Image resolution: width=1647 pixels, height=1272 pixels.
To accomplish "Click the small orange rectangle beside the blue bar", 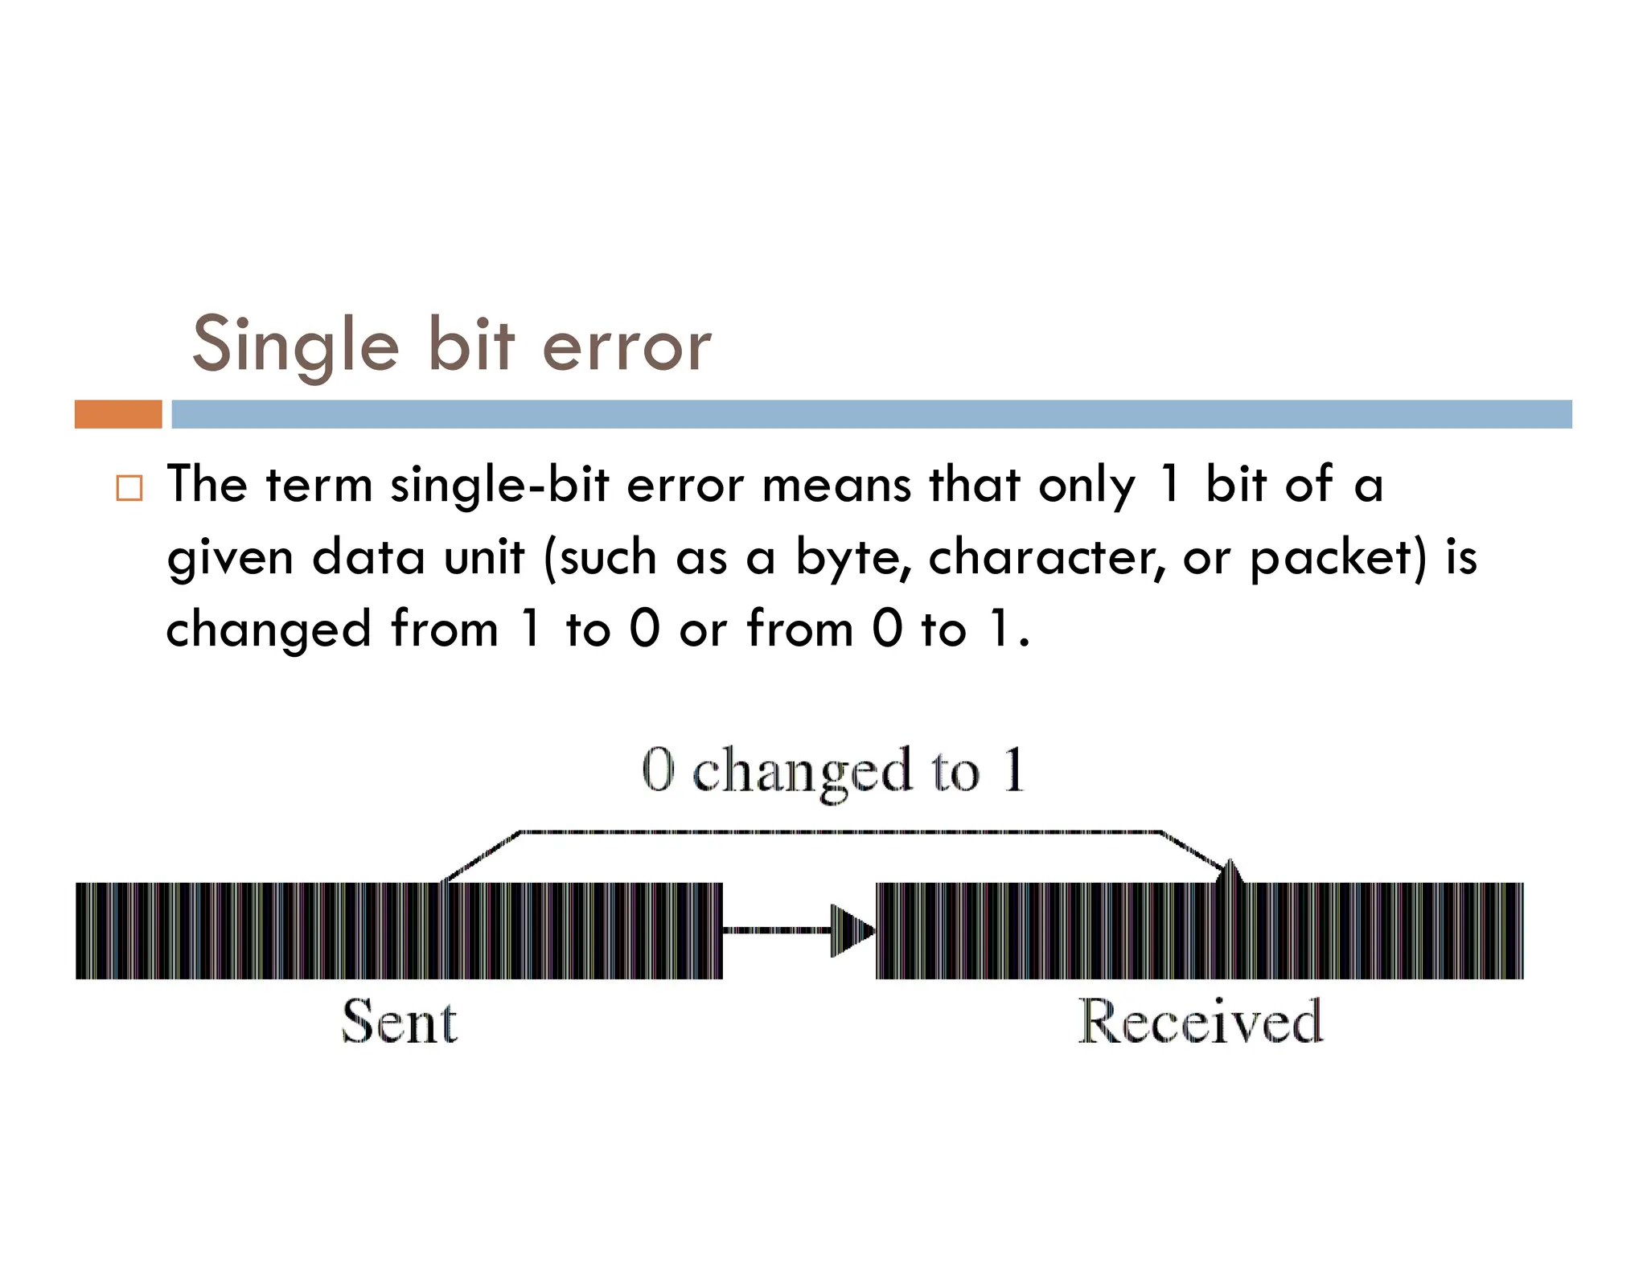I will click(x=118, y=414).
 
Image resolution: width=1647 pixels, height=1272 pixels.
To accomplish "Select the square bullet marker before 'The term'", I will click(x=129, y=488).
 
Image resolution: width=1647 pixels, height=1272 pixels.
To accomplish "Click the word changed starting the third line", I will click(x=269, y=629).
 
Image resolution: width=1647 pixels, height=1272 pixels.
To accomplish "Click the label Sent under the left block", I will click(x=400, y=1022).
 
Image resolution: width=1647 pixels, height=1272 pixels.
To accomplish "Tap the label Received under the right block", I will click(x=1200, y=1022).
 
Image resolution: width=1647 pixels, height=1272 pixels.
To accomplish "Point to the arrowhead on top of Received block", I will click(x=1230, y=872).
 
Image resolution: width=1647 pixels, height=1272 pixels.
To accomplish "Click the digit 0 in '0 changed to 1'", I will click(x=658, y=769).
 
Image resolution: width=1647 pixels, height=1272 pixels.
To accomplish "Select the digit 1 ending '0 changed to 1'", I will click(x=1014, y=769).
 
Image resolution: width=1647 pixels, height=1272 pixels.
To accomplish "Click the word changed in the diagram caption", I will click(x=803, y=772).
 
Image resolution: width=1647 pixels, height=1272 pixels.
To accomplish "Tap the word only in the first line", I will click(x=1086, y=486).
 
